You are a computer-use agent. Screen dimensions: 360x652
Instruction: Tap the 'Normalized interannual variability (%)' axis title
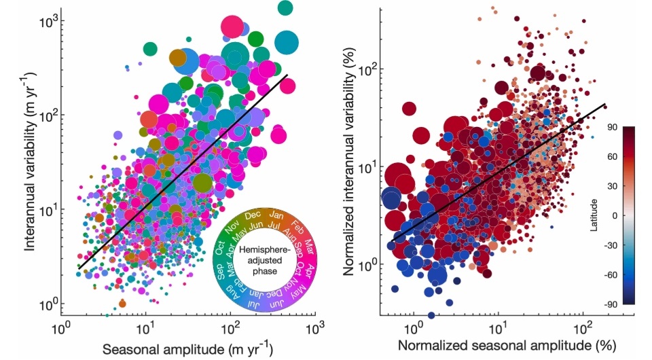coord(351,163)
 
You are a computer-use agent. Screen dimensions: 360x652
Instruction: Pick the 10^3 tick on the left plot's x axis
coord(314,329)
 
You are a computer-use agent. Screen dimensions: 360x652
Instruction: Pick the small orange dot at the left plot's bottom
coord(122,303)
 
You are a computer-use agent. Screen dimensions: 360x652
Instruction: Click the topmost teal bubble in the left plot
coord(285,8)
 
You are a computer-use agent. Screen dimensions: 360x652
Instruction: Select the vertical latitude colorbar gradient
coord(628,216)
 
